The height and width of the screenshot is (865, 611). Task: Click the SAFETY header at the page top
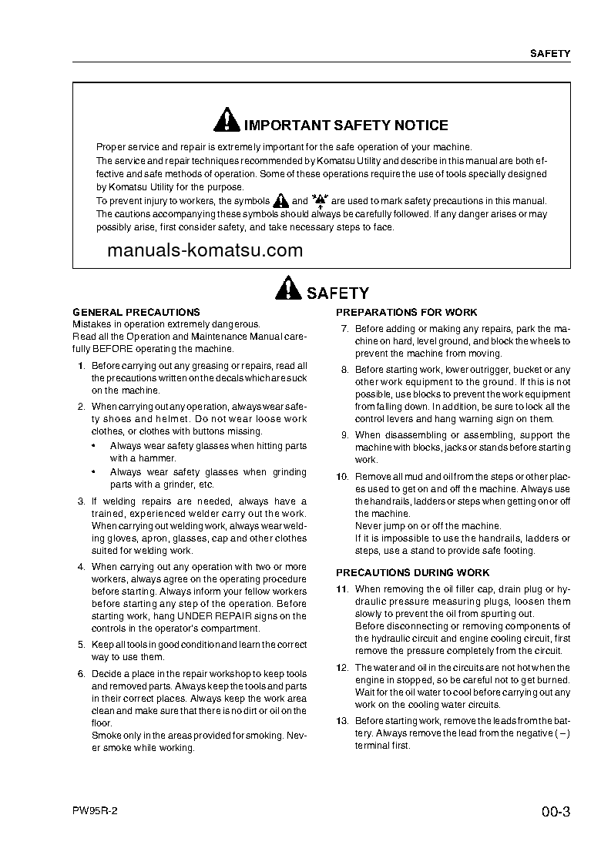coord(549,54)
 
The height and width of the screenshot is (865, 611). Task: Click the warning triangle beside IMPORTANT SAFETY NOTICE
coord(228,122)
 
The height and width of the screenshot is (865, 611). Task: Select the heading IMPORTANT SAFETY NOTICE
coord(345,126)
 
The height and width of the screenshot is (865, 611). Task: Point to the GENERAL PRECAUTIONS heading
coord(136,312)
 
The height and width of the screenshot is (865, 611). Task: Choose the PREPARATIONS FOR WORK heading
coord(406,312)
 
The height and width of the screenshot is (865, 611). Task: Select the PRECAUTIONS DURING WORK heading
coord(412,572)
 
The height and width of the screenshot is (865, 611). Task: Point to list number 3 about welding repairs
coord(81,501)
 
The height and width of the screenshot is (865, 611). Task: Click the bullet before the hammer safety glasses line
coord(93,446)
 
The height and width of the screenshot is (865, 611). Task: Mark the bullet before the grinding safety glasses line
coord(93,472)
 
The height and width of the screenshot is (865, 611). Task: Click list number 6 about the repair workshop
coord(81,673)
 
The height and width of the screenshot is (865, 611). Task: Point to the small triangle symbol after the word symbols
coord(281,200)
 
